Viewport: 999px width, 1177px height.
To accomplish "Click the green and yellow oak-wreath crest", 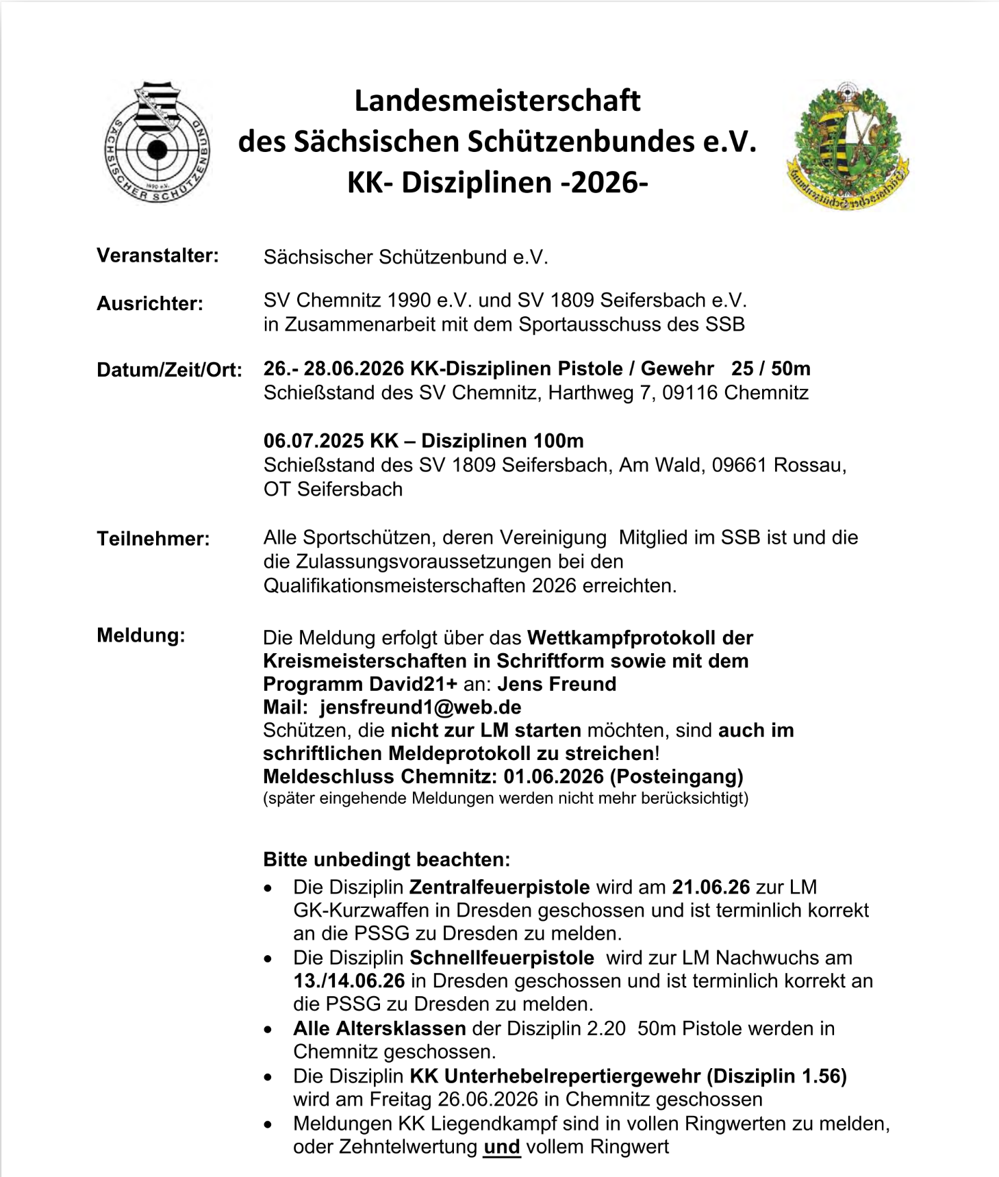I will (848, 147).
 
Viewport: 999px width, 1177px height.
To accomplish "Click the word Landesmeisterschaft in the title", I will (497, 101).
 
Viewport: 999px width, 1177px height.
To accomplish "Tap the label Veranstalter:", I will (157, 255).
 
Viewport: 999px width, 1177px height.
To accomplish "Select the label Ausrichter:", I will (150, 303).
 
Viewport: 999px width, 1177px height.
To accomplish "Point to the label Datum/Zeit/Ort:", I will (169, 370).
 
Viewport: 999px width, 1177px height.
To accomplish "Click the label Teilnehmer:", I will (153, 538).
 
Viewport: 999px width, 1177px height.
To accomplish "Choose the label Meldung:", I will (141, 635).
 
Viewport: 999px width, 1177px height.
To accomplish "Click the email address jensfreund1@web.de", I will (420, 707).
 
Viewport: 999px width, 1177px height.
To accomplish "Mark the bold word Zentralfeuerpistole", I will (500, 887).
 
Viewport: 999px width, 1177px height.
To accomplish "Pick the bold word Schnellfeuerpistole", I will (502, 957).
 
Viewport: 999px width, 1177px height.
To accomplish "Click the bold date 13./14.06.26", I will (349, 980).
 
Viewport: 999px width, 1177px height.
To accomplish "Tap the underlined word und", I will (502, 1147).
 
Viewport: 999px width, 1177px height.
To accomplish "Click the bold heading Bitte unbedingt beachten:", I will (387, 859).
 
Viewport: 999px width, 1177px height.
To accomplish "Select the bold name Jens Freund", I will (557, 684).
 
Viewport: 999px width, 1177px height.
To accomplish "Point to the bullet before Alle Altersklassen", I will (268, 1029).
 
